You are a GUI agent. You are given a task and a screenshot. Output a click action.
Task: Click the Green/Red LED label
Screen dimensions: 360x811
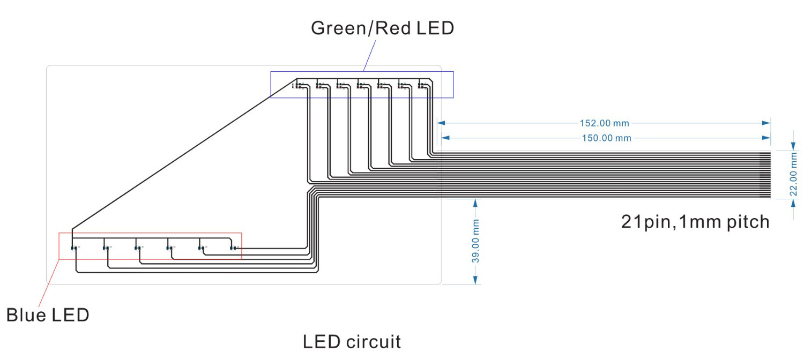(382, 28)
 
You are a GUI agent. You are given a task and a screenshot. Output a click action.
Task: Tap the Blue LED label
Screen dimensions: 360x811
(48, 314)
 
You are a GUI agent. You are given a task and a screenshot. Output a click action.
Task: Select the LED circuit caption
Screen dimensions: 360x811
(352, 341)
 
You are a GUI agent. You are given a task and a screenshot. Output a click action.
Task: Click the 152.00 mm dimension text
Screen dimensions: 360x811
(604, 123)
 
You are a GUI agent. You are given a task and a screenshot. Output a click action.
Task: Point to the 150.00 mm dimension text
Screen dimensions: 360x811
(606, 138)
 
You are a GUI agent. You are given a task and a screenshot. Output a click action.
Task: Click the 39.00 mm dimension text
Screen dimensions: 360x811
(475, 241)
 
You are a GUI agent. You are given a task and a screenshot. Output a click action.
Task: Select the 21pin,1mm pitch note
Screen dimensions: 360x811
(695, 221)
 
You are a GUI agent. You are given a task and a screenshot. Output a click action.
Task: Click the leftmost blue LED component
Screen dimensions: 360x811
(73, 248)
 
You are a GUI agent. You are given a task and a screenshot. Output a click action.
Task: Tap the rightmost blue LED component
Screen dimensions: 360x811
(233, 248)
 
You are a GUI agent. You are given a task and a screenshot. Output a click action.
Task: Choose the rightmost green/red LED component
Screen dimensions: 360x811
(421, 85)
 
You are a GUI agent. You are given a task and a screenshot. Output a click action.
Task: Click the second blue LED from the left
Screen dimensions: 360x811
(106, 248)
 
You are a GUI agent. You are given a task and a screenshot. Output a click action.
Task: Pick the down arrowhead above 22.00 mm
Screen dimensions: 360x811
(794, 146)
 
